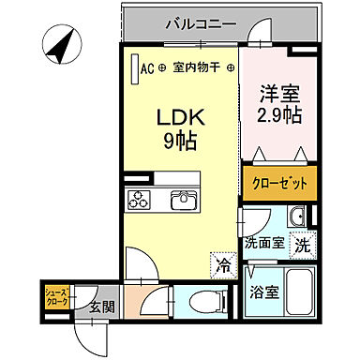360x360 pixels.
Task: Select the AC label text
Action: (x=147, y=67)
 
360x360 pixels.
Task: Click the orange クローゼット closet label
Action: (x=277, y=184)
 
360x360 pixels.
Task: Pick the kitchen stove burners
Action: (x=141, y=200)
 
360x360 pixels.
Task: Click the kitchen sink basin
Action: (x=182, y=200)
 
